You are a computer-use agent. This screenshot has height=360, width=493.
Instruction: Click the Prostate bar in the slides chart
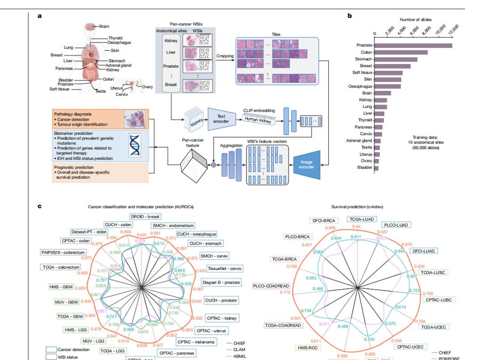(x=413, y=45)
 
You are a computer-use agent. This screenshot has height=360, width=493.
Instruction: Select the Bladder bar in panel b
(x=376, y=168)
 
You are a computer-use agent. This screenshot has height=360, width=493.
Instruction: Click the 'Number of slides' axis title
(x=415, y=20)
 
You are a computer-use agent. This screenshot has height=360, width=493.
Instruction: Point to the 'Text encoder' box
(x=221, y=119)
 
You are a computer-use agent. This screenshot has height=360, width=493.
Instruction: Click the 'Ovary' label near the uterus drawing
(x=147, y=87)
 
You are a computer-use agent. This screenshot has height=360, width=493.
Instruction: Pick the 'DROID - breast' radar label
(x=145, y=216)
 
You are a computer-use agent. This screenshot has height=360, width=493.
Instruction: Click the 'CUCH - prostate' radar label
(x=221, y=300)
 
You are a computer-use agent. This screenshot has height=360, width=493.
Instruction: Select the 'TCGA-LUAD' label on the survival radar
(x=362, y=219)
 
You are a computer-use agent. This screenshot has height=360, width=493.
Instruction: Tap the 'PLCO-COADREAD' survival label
(x=271, y=286)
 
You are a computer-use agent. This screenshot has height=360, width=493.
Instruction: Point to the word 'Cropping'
(x=225, y=56)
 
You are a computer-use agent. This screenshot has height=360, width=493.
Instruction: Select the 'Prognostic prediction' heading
(x=75, y=167)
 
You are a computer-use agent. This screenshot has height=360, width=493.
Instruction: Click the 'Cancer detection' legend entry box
(x=51, y=349)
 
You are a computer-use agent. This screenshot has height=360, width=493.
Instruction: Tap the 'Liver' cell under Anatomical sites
(x=171, y=53)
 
